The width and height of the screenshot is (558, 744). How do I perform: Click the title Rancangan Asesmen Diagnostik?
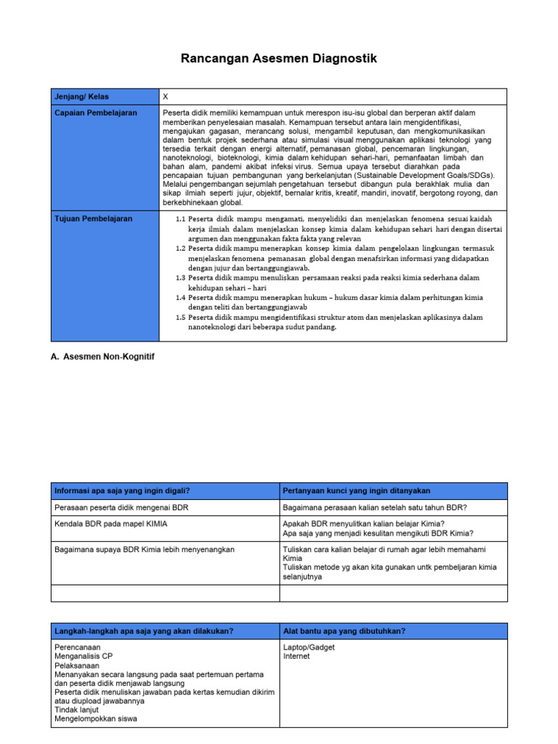(279, 59)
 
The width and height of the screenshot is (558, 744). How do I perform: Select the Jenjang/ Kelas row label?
(82, 97)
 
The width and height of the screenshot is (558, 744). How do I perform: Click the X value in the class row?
(166, 97)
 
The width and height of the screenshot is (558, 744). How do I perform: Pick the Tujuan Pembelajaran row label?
(94, 219)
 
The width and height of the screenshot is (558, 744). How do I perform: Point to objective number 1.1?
(181, 219)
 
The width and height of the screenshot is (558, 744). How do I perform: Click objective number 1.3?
(181, 278)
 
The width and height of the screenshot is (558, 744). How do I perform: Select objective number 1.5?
(181, 318)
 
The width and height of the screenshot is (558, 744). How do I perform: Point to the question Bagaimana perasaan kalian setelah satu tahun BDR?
(375, 507)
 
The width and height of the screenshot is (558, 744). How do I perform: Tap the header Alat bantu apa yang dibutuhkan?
(344, 631)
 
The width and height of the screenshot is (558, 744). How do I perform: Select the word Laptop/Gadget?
(309, 647)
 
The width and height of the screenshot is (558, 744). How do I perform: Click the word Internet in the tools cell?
(296, 656)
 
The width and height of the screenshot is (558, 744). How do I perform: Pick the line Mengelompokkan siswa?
(96, 719)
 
